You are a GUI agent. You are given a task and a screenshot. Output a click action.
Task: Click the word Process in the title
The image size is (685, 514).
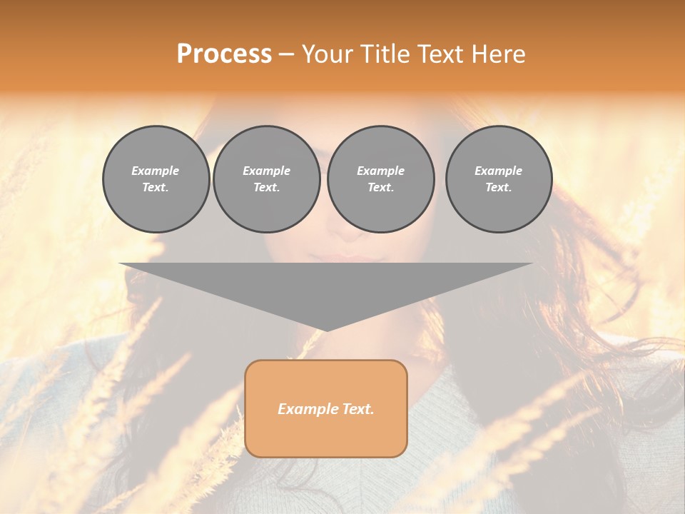(x=224, y=54)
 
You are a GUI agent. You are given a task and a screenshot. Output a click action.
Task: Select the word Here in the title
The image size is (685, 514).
(x=499, y=54)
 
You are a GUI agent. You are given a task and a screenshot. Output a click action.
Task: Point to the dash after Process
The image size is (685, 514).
(x=286, y=55)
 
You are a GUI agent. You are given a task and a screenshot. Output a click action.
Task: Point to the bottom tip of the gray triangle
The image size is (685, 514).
(x=326, y=330)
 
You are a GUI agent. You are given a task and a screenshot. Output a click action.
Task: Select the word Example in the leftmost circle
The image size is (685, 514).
(x=156, y=171)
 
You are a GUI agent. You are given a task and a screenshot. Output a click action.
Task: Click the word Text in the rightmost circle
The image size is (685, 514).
(x=497, y=187)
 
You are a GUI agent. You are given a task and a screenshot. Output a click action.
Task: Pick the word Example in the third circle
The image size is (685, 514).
(x=380, y=171)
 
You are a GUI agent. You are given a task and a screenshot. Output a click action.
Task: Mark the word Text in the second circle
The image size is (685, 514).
(x=265, y=187)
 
